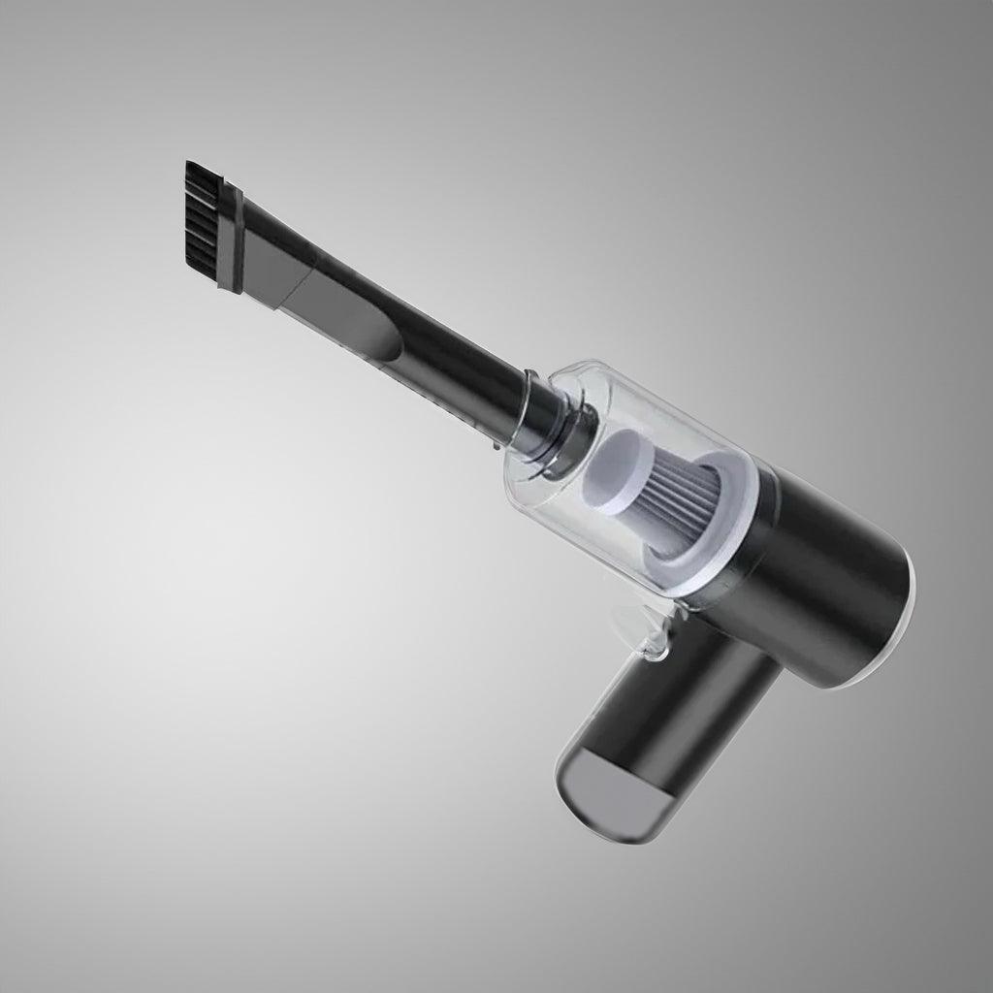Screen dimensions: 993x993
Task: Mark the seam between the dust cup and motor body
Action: coord(747,543)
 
